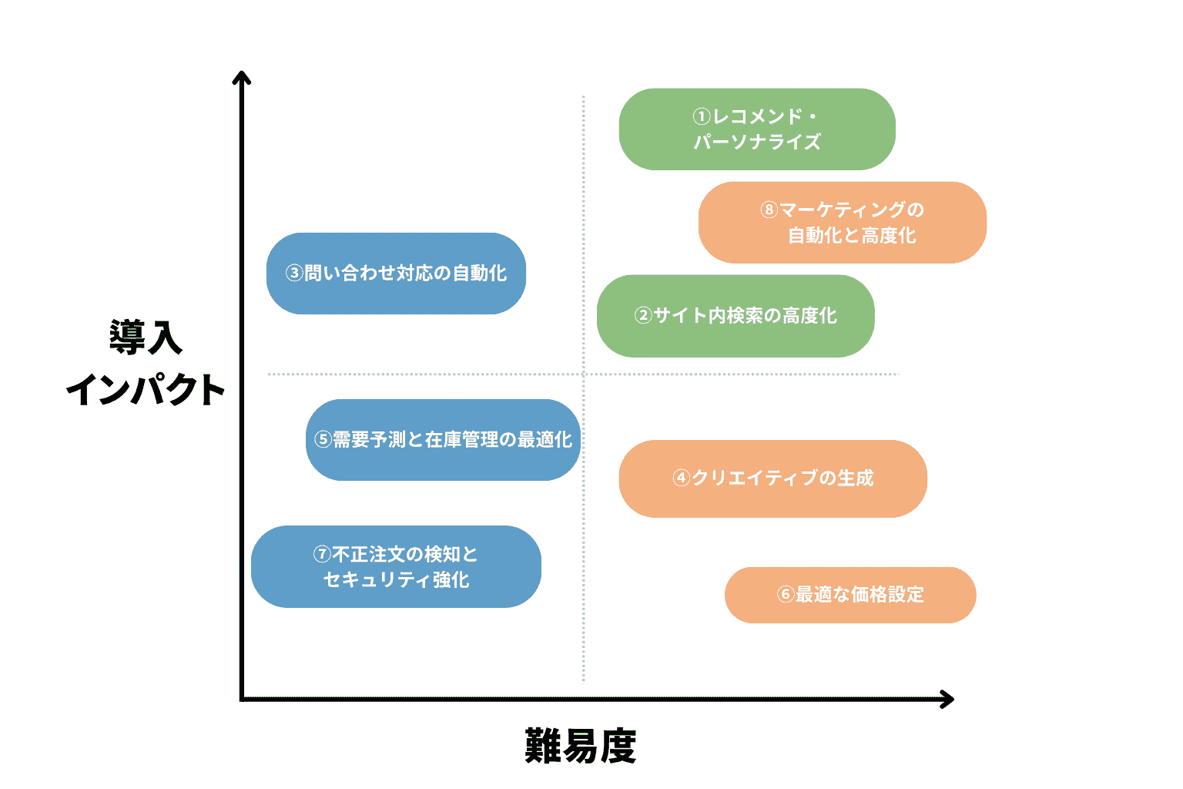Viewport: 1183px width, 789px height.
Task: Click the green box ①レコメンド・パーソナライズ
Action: pyautogui.click(x=757, y=129)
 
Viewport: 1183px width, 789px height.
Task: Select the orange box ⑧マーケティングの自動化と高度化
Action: pyautogui.click(x=842, y=223)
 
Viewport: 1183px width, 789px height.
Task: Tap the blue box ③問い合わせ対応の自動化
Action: pyautogui.click(x=396, y=274)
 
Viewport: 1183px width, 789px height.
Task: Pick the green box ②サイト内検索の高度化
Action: pyautogui.click(x=736, y=316)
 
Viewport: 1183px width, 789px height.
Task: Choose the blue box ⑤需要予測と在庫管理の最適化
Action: pyautogui.click(x=443, y=440)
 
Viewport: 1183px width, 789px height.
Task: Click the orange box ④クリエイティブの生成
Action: pyautogui.click(x=772, y=478)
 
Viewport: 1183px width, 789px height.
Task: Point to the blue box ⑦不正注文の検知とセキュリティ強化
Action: pyautogui.click(x=396, y=567)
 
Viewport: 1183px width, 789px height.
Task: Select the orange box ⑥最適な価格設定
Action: pyautogui.click(x=850, y=595)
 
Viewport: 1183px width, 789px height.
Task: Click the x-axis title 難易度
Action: pyautogui.click(x=581, y=746)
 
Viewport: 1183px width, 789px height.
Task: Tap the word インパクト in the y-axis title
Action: pyautogui.click(x=146, y=390)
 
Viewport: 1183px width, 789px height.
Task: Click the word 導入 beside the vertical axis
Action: pyautogui.click(x=146, y=337)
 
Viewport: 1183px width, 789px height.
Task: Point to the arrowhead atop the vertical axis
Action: pyautogui.click(x=242, y=76)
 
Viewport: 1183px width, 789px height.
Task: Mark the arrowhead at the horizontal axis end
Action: pyautogui.click(x=949, y=700)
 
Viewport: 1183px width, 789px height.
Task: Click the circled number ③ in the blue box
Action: pyautogui.click(x=294, y=274)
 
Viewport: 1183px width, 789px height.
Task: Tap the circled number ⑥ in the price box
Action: pyautogui.click(x=786, y=595)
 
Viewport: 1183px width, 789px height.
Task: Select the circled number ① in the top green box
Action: pyautogui.click(x=701, y=117)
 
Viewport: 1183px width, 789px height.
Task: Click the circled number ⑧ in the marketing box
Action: pyautogui.click(x=769, y=210)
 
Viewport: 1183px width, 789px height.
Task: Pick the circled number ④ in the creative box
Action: pyautogui.click(x=681, y=478)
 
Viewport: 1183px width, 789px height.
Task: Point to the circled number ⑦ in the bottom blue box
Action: pyautogui.click(x=322, y=555)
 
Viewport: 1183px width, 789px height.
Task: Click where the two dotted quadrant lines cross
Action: pyautogui.click(x=584, y=374)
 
